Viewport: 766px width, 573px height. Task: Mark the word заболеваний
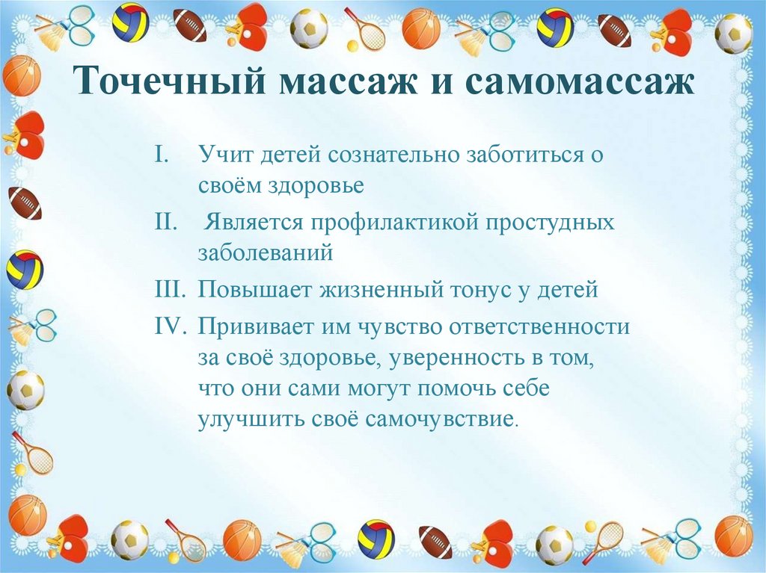(265, 252)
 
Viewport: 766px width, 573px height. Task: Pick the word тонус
(491, 291)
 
